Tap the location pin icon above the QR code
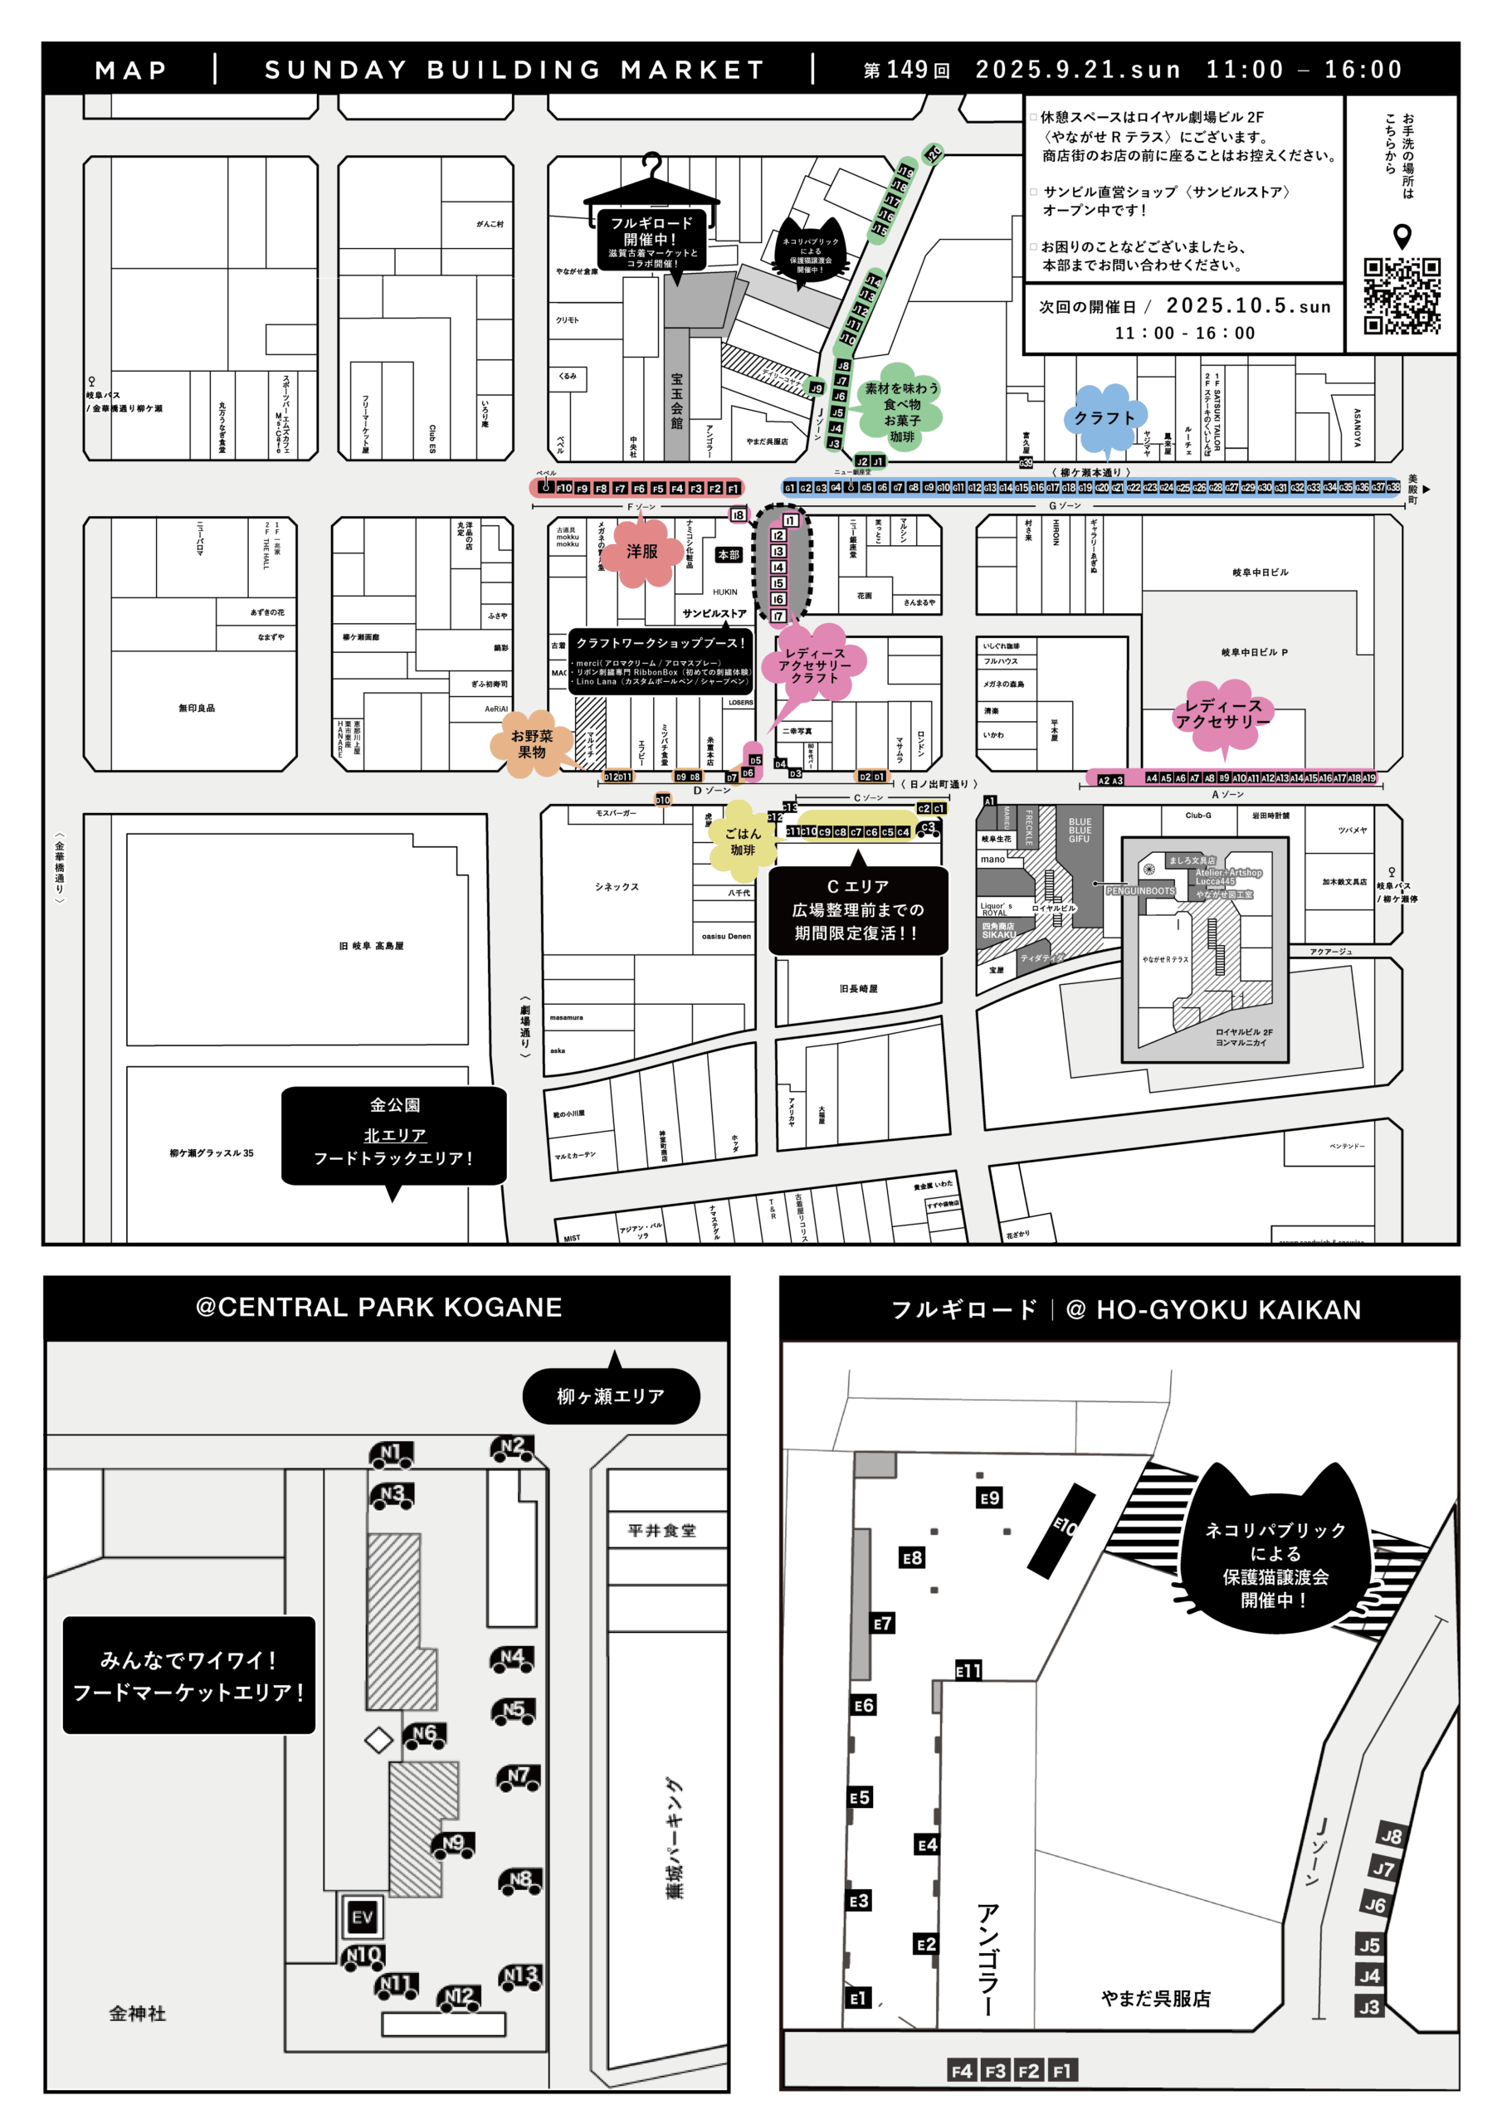1402,236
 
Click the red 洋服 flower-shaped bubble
641,552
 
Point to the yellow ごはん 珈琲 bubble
742,841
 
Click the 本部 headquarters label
729,555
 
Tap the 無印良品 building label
196,708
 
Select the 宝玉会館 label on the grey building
676,401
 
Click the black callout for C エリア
857,909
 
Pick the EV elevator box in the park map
362,1917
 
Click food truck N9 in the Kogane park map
452,1844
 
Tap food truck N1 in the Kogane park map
392,1454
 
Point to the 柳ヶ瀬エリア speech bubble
610,1396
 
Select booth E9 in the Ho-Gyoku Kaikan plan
989,1498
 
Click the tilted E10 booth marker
1062,1530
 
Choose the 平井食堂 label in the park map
661,1530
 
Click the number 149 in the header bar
907,70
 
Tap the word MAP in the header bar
130,71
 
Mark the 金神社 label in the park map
138,2013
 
